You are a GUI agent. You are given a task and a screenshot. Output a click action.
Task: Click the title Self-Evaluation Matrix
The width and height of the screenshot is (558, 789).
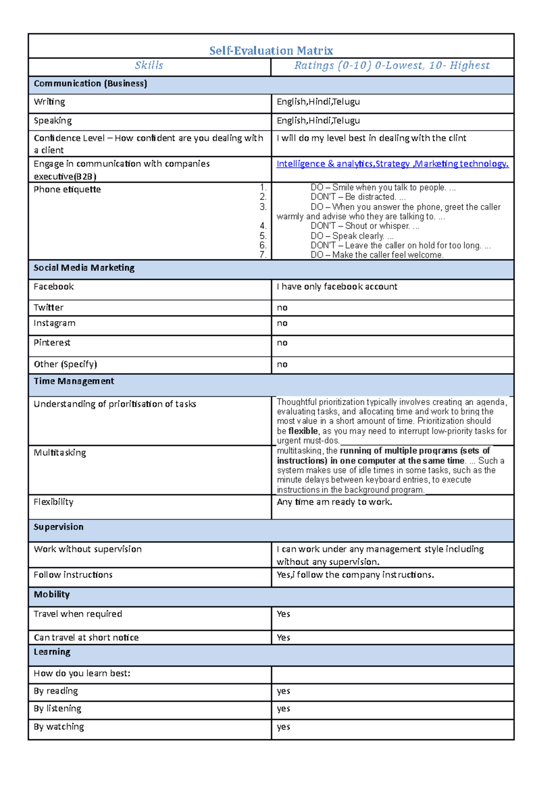271,50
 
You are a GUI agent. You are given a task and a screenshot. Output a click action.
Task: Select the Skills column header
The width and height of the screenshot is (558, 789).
149,66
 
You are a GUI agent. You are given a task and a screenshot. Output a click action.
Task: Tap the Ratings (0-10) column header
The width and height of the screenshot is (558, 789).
392,66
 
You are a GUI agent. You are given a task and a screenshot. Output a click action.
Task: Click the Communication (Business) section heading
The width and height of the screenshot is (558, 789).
90,84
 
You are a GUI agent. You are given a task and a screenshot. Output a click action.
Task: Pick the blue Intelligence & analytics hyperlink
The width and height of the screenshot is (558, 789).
325,164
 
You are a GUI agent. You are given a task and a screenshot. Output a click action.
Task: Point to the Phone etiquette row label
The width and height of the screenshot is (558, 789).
67,189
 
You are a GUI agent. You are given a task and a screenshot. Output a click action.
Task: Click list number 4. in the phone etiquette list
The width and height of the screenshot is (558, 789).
263,226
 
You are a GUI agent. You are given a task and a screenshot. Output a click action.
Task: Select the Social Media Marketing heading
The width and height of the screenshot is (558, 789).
84,268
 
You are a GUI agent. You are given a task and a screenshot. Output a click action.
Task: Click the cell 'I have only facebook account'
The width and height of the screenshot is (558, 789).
337,287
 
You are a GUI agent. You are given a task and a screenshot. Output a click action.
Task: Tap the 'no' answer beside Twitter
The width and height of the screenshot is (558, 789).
282,308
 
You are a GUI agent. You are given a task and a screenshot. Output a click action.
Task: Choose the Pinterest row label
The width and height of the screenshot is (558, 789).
52,342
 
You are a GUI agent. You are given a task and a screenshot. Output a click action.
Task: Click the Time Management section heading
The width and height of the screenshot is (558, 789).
74,381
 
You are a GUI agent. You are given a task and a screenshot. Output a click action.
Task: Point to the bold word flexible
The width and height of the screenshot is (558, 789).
303,431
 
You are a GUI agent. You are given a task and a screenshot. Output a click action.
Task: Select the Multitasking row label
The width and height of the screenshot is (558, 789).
60,453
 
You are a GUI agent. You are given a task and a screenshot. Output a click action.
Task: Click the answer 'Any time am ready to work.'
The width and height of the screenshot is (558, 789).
334,502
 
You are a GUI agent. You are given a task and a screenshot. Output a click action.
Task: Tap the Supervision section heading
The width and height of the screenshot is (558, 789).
59,527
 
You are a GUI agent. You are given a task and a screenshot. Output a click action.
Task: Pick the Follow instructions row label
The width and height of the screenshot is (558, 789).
73,575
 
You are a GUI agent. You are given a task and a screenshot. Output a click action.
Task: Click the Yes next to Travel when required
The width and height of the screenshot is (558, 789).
283,614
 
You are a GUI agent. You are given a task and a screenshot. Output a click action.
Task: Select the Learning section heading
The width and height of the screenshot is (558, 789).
52,652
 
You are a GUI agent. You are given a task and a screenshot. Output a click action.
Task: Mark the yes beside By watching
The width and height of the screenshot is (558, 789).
283,727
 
